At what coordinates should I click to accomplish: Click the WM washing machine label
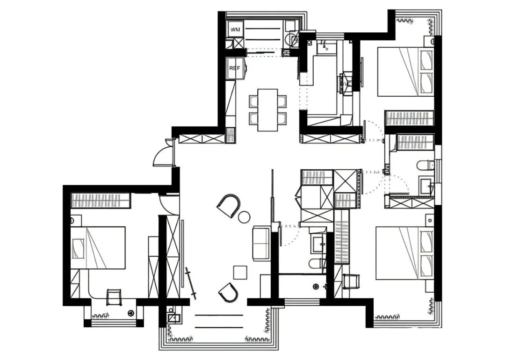tap(235, 29)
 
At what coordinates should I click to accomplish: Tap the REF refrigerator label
tap(234, 68)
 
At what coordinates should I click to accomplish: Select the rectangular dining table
tap(267, 110)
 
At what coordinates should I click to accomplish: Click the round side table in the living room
tap(244, 216)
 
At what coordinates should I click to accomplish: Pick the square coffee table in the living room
tap(240, 272)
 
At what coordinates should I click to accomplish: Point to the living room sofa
tap(261, 244)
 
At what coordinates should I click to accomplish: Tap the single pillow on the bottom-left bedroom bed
tap(78, 248)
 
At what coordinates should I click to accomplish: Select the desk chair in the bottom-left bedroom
tap(114, 297)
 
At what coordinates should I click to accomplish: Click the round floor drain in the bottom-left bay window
tap(131, 312)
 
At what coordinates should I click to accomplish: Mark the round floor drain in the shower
tap(316, 286)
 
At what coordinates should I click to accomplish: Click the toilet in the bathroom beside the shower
tap(317, 263)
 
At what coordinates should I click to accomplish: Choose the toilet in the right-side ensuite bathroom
tap(425, 165)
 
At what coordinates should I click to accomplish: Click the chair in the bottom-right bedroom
tap(351, 281)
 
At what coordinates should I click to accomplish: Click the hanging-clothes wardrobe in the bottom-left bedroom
tap(101, 201)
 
